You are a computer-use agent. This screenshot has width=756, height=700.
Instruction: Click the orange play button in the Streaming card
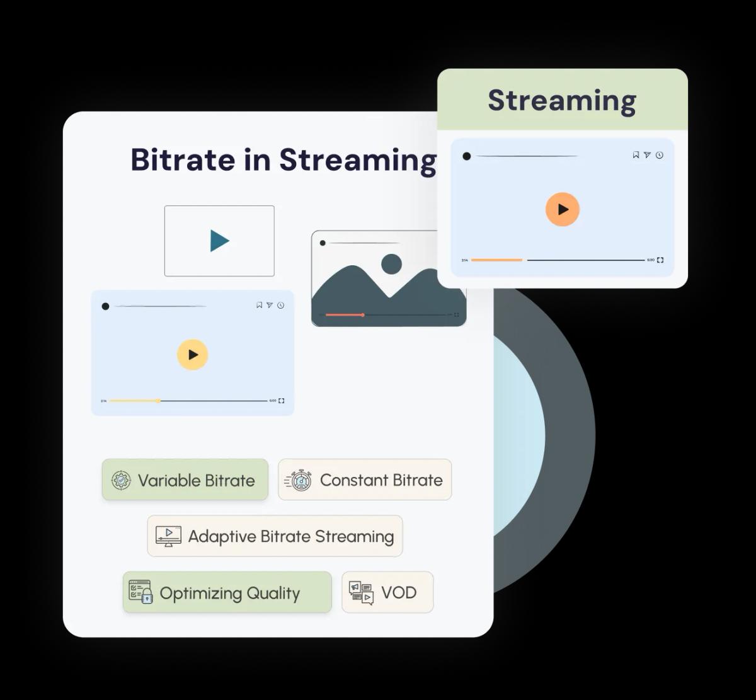(562, 209)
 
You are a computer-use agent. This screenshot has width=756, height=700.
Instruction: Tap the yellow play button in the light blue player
(192, 354)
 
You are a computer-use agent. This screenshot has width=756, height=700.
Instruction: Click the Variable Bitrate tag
(185, 480)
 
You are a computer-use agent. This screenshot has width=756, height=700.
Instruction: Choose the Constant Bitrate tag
(365, 480)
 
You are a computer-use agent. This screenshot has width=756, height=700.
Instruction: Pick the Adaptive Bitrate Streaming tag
(275, 536)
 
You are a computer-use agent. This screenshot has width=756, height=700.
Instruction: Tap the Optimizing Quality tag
(227, 592)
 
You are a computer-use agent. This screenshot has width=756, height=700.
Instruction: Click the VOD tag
(387, 592)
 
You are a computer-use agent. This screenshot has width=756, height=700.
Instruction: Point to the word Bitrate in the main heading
(183, 160)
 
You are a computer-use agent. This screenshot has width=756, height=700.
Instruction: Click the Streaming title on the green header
(562, 100)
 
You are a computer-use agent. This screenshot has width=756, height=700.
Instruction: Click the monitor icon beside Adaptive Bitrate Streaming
(168, 536)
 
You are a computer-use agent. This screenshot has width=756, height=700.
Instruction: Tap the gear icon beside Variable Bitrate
(121, 481)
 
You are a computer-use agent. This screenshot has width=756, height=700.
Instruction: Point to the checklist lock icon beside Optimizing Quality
(140, 592)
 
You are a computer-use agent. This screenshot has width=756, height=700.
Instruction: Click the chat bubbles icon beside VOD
(361, 593)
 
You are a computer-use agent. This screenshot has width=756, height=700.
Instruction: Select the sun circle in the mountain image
(391, 264)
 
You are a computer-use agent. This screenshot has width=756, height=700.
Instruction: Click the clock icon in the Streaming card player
(660, 155)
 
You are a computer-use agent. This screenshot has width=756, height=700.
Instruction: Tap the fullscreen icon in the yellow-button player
(282, 401)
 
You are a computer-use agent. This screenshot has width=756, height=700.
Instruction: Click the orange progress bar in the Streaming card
(496, 260)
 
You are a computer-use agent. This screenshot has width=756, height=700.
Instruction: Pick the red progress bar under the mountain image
(345, 314)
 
